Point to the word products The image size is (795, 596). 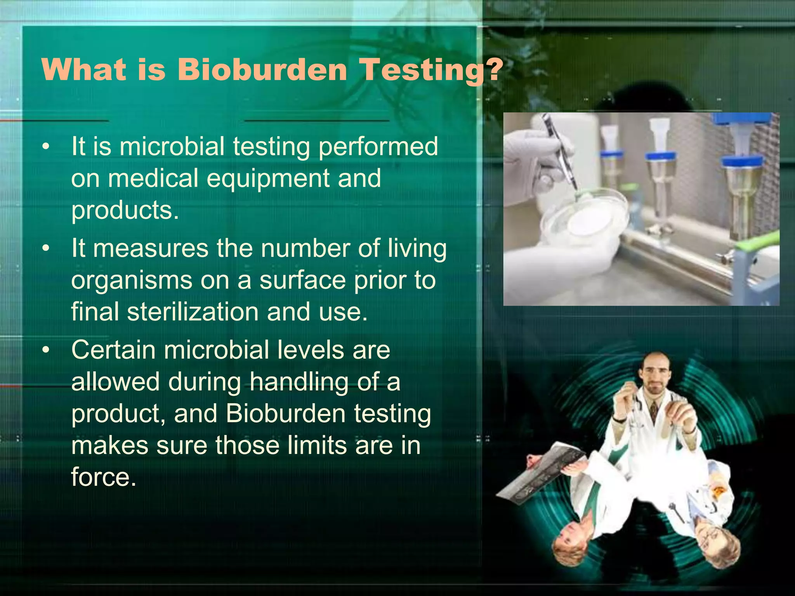tap(125, 210)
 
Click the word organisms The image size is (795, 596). tap(132, 280)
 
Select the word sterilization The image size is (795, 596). tap(193, 312)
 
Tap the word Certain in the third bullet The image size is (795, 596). tap(113, 350)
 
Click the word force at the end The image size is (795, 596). tap(103, 477)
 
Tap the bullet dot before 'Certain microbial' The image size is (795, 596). tap(46, 350)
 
